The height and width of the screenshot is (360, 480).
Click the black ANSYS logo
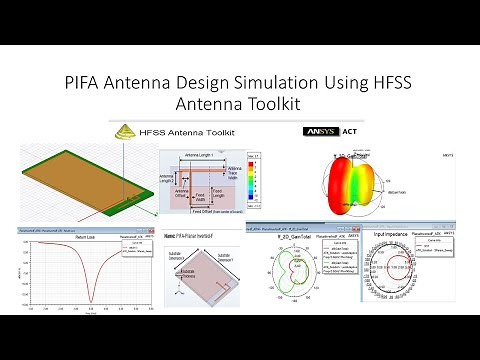click(x=319, y=131)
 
